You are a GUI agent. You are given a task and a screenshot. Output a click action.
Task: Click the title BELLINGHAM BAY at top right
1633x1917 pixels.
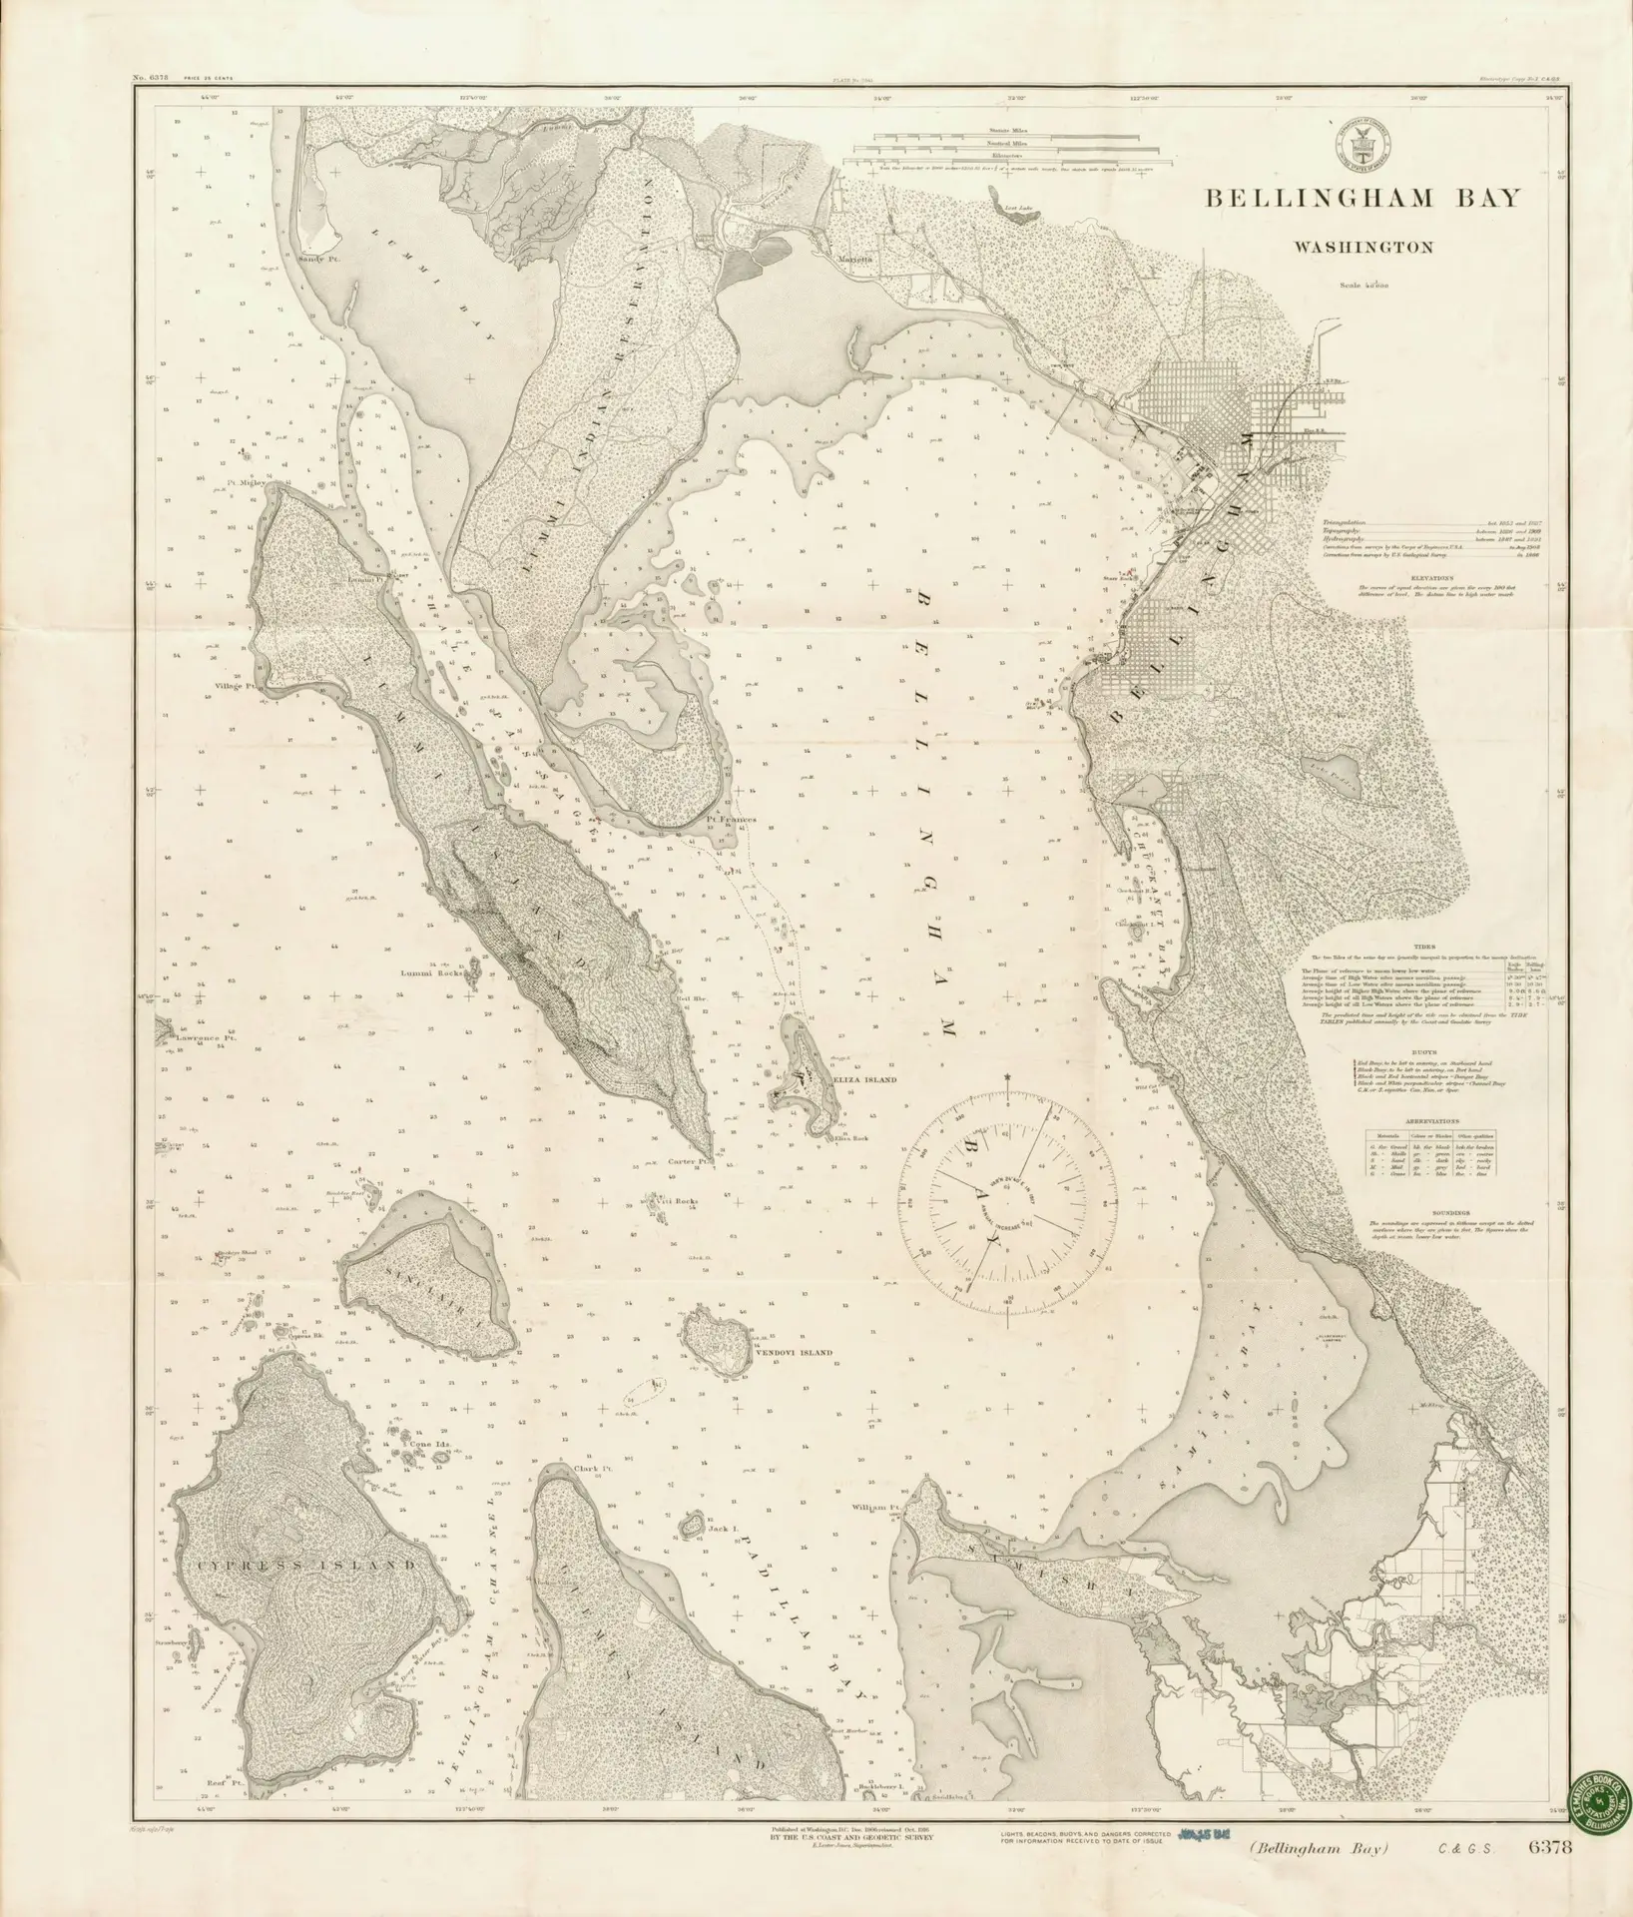point(1364,198)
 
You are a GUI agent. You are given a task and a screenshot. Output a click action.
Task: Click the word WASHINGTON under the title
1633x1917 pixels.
point(1364,246)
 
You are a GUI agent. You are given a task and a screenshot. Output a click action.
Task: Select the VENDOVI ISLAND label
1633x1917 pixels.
point(794,1353)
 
